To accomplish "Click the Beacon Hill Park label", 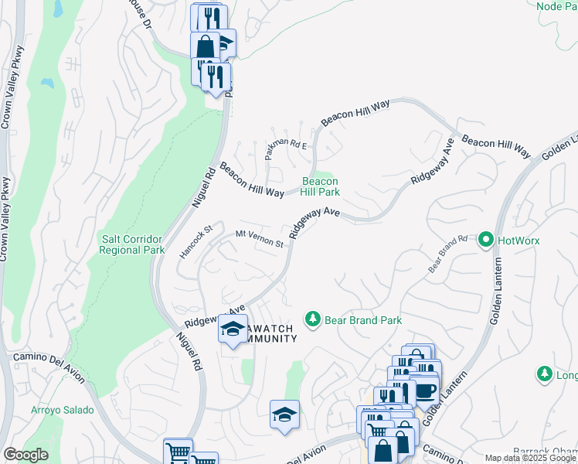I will [x=321, y=185].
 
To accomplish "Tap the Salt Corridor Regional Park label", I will [x=133, y=245].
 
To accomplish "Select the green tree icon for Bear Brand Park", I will [x=313, y=319].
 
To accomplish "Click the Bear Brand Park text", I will [x=363, y=319].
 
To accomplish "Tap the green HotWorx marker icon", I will [x=486, y=241].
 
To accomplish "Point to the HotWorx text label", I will [x=518, y=241].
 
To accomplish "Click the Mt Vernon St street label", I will [x=260, y=238].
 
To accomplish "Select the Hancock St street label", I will [x=196, y=242].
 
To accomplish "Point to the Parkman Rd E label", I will [x=286, y=145].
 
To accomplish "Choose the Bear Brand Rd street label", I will [x=449, y=254].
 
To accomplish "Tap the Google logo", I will [x=25, y=454].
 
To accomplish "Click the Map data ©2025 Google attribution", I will [x=530, y=458].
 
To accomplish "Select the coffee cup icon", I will [x=426, y=391].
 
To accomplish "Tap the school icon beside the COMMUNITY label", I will [x=233, y=329].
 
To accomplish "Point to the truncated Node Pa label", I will [x=556, y=5].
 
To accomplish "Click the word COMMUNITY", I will [x=270, y=339].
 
